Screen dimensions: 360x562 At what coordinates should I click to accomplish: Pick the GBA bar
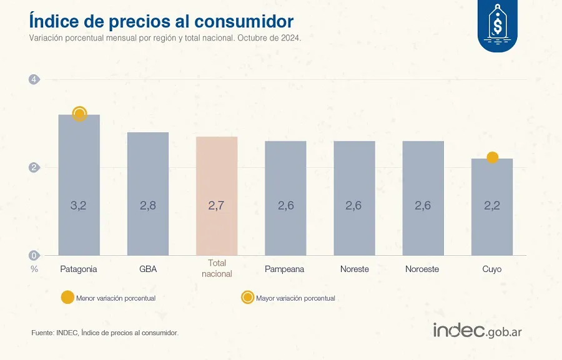[x=148, y=193]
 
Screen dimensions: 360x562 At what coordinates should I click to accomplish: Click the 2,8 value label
[x=148, y=205]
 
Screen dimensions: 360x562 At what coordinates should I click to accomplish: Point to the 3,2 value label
[x=79, y=205]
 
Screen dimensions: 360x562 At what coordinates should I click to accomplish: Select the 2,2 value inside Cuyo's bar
[x=492, y=205]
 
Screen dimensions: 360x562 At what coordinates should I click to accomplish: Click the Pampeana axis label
[x=285, y=269]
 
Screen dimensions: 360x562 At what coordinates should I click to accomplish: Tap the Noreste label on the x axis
[x=355, y=269]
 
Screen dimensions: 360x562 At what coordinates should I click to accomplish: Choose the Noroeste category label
[x=422, y=269]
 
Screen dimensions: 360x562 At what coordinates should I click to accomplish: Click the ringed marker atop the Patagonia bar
[x=79, y=114]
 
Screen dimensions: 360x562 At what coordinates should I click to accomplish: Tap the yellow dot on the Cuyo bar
[x=492, y=157]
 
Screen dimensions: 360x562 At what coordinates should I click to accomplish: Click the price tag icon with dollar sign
[x=498, y=26]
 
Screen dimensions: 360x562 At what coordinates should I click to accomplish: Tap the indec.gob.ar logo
[x=478, y=331]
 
